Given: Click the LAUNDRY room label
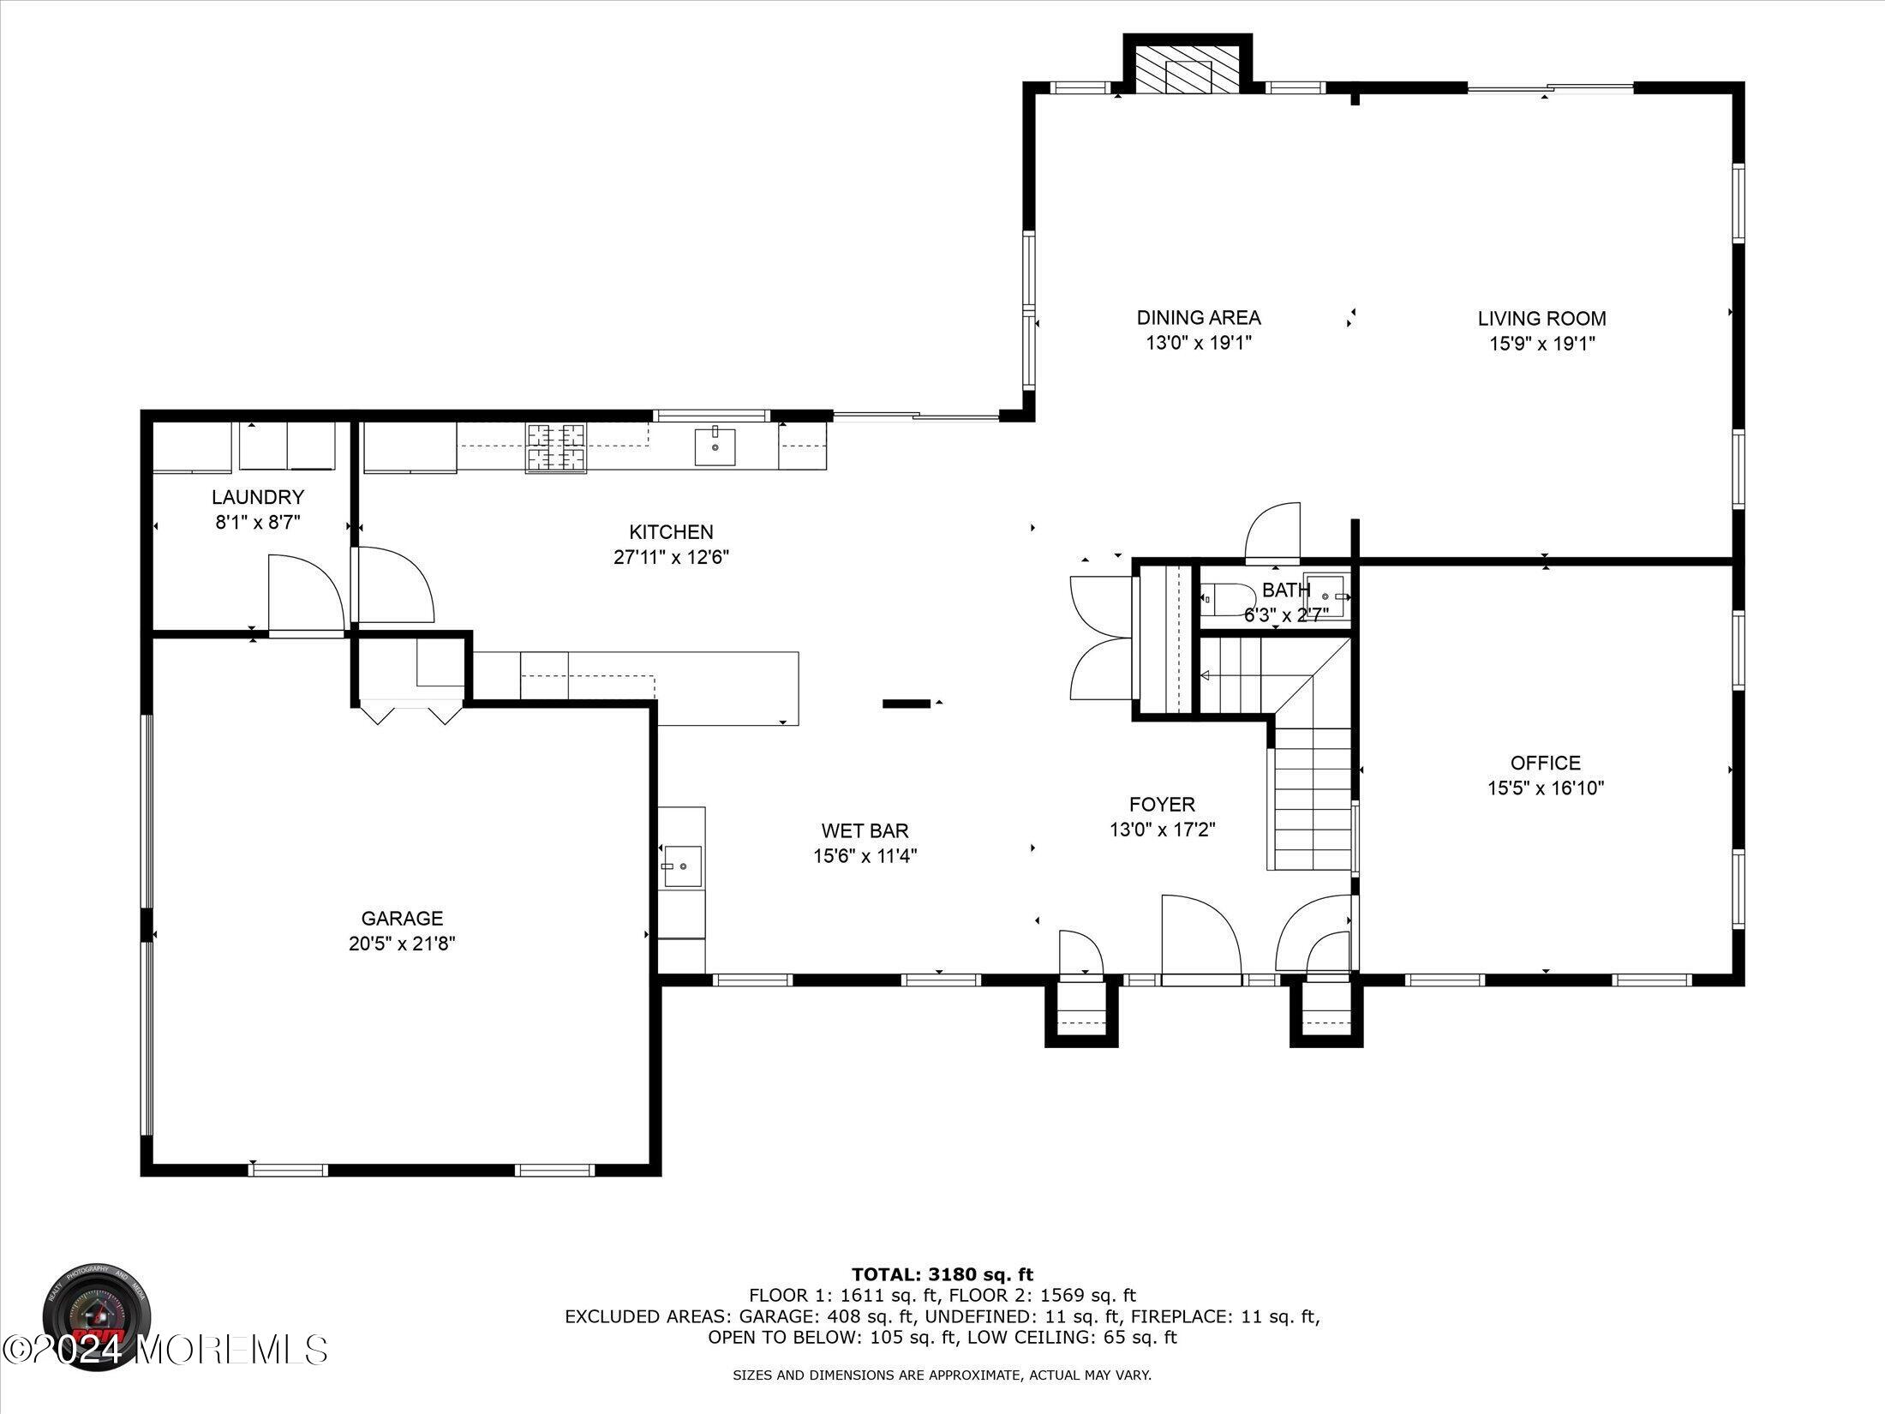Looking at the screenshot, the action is point(258,497).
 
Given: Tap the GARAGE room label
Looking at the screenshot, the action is point(402,919).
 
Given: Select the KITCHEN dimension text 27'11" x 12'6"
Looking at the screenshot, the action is point(671,557).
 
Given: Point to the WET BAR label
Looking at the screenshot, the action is point(865,830).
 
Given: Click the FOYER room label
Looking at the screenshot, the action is point(1163,804).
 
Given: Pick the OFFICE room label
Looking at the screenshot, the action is point(1546,763).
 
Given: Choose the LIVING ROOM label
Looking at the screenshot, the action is point(1541,319).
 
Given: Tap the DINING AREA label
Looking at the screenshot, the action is point(1199,318).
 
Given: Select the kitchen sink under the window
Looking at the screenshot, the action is point(715,446).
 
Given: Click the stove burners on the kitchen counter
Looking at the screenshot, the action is point(556,448).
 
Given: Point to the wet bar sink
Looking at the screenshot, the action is point(683,866).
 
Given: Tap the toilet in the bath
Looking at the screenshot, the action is point(1215,599).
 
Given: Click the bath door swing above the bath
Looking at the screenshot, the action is point(1272,533).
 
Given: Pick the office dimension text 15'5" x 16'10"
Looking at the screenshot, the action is point(1546,788).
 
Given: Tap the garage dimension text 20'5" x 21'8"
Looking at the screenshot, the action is point(402,944).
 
